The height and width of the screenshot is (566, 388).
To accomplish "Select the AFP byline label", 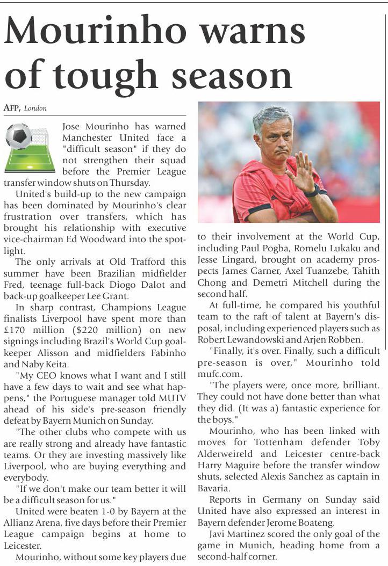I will (x=12, y=108).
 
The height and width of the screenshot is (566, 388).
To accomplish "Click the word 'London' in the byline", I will (x=35, y=108).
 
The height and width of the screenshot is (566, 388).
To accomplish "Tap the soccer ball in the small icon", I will (x=19, y=136).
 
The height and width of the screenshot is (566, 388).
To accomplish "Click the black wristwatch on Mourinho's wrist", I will (x=311, y=191).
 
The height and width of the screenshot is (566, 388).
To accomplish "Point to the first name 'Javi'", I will (x=219, y=534).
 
